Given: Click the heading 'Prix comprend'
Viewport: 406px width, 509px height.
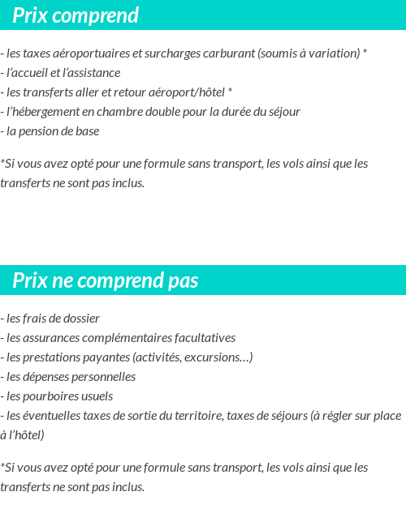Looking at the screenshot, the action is (x=76, y=15).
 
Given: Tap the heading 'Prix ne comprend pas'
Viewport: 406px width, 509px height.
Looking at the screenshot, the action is (x=106, y=280).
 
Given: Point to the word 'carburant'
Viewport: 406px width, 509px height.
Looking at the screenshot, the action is (x=229, y=53).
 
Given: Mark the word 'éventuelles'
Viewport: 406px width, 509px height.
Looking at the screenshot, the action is (x=52, y=416).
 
